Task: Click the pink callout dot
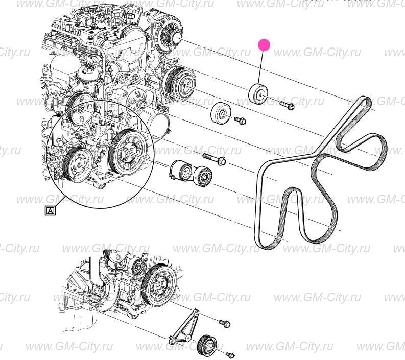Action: (264, 45)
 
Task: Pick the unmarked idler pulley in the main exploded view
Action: (221, 113)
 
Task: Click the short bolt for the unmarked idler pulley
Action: (241, 121)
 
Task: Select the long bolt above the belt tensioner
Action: (215, 159)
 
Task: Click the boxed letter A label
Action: (51, 209)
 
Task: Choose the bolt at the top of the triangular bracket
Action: (224, 324)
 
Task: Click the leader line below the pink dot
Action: (261, 66)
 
